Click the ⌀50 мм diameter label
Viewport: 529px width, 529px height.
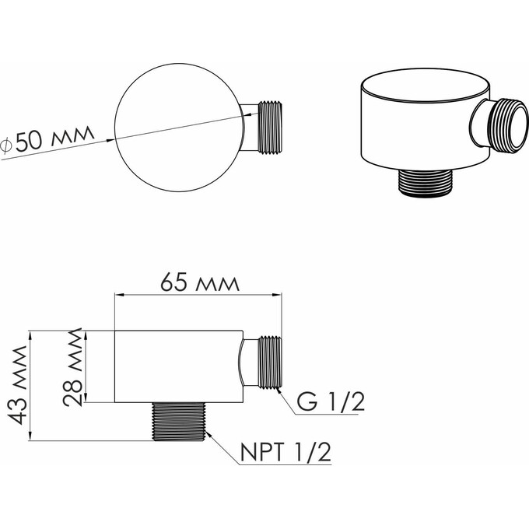[47, 141]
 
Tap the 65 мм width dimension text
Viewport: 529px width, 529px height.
[200, 281]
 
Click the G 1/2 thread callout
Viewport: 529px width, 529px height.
[330, 402]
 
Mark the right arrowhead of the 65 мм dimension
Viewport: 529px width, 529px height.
[281, 294]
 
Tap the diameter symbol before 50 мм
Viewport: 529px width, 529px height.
[5, 144]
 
